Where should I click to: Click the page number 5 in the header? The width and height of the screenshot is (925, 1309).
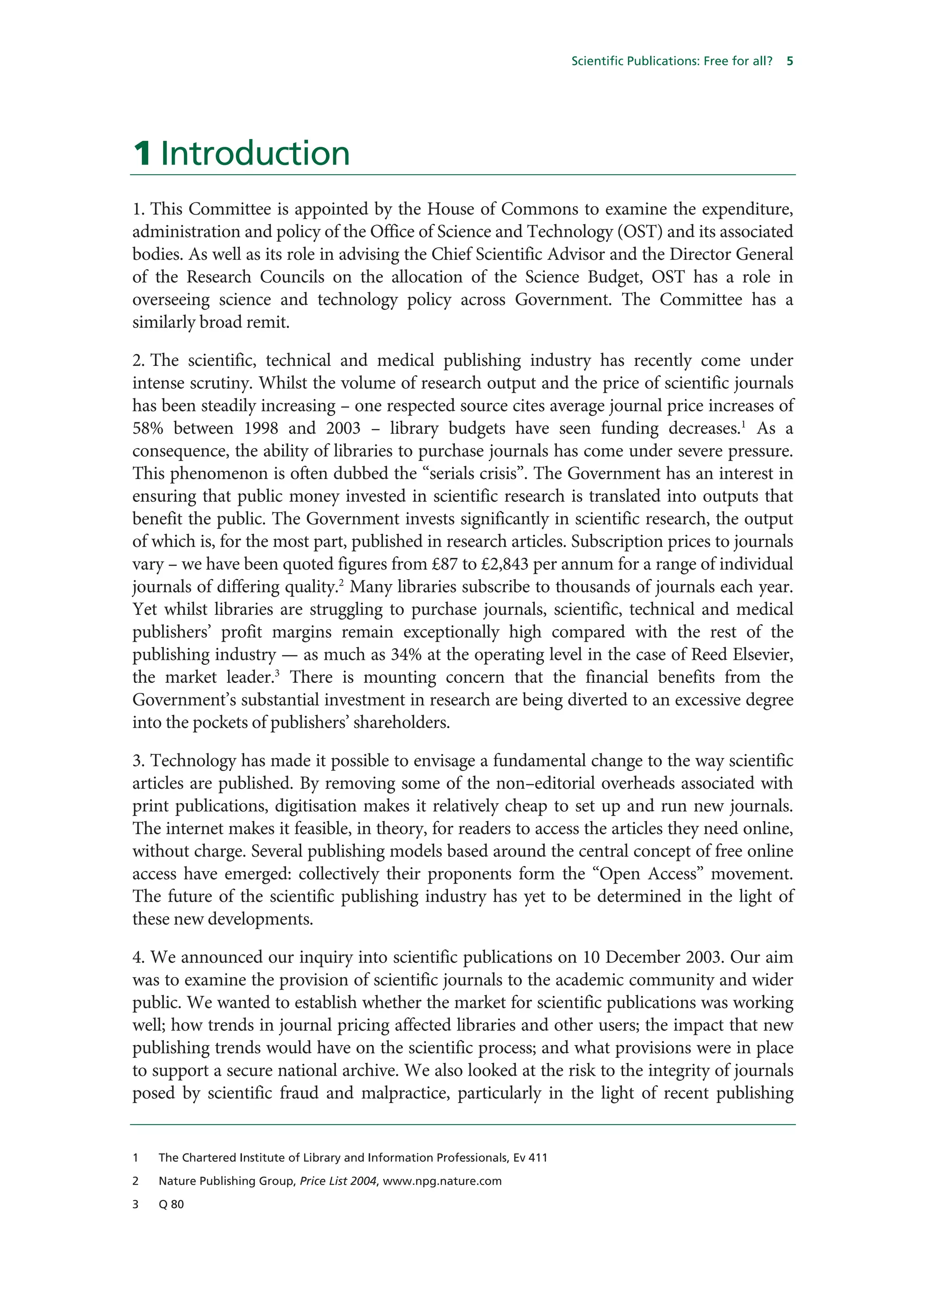point(790,61)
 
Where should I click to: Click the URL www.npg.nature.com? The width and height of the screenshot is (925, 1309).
point(442,1181)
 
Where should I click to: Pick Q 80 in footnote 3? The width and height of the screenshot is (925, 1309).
point(171,1204)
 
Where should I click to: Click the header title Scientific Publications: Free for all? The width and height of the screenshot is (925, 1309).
point(671,61)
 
